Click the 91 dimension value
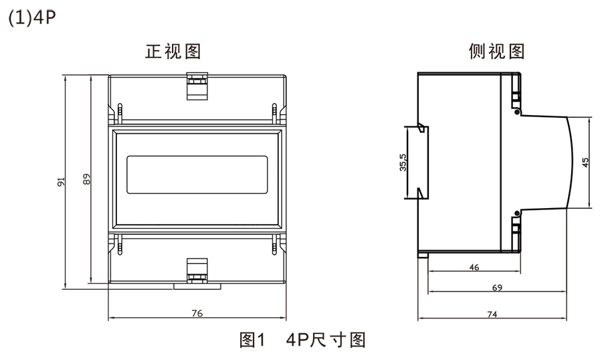point(60,181)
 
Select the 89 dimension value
point(86,179)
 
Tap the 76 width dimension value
point(197,312)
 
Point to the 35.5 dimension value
point(403,163)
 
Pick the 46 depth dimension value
point(474,267)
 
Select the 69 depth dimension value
point(497,288)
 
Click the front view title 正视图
point(173,52)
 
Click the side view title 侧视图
point(496,52)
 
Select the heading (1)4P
point(29,17)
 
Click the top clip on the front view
point(196,87)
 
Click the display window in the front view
point(197,174)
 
